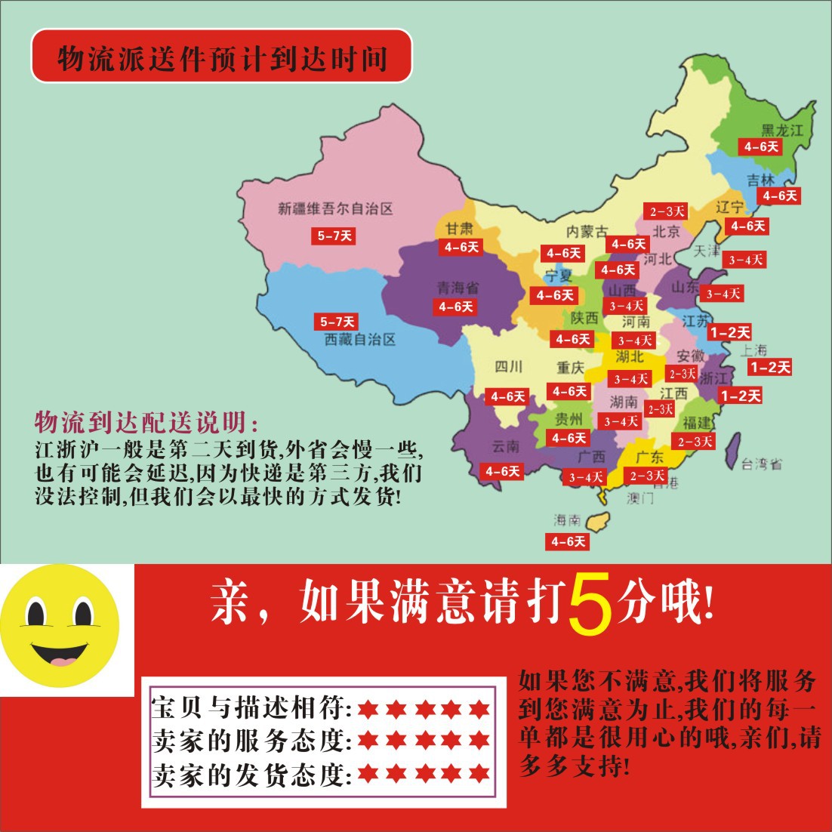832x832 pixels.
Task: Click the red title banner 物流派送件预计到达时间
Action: pyautogui.click(x=221, y=57)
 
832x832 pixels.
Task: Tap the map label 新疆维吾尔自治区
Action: pyautogui.click(x=335, y=208)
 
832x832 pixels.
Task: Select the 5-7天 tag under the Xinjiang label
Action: pyautogui.click(x=334, y=236)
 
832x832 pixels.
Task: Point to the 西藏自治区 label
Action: pyautogui.click(x=359, y=340)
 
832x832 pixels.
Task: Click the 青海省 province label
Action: pyautogui.click(x=458, y=288)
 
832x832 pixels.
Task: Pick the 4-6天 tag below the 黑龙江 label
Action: pyautogui.click(x=760, y=146)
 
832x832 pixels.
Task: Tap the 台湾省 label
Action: pyautogui.click(x=761, y=464)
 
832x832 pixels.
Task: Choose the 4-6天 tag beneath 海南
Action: pyautogui.click(x=568, y=541)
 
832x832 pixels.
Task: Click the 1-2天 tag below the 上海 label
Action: pyautogui.click(x=769, y=368)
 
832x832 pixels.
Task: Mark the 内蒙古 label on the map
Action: pyautogui.click(x=587, y=232)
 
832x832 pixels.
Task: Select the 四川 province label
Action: pyautogui.click(x=508, y=368)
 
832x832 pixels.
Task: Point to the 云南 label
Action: pyautogui.click(x=505, y=446)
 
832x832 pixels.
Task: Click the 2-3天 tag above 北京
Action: pyautogui.click(x=664, y=211)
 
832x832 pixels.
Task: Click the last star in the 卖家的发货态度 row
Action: pyautogui.click(x=479, y=773)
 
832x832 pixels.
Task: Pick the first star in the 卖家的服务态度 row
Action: pyautogui.click(x=368, y=741)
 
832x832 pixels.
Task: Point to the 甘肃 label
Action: pyautogui.click(x=458, y=229)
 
